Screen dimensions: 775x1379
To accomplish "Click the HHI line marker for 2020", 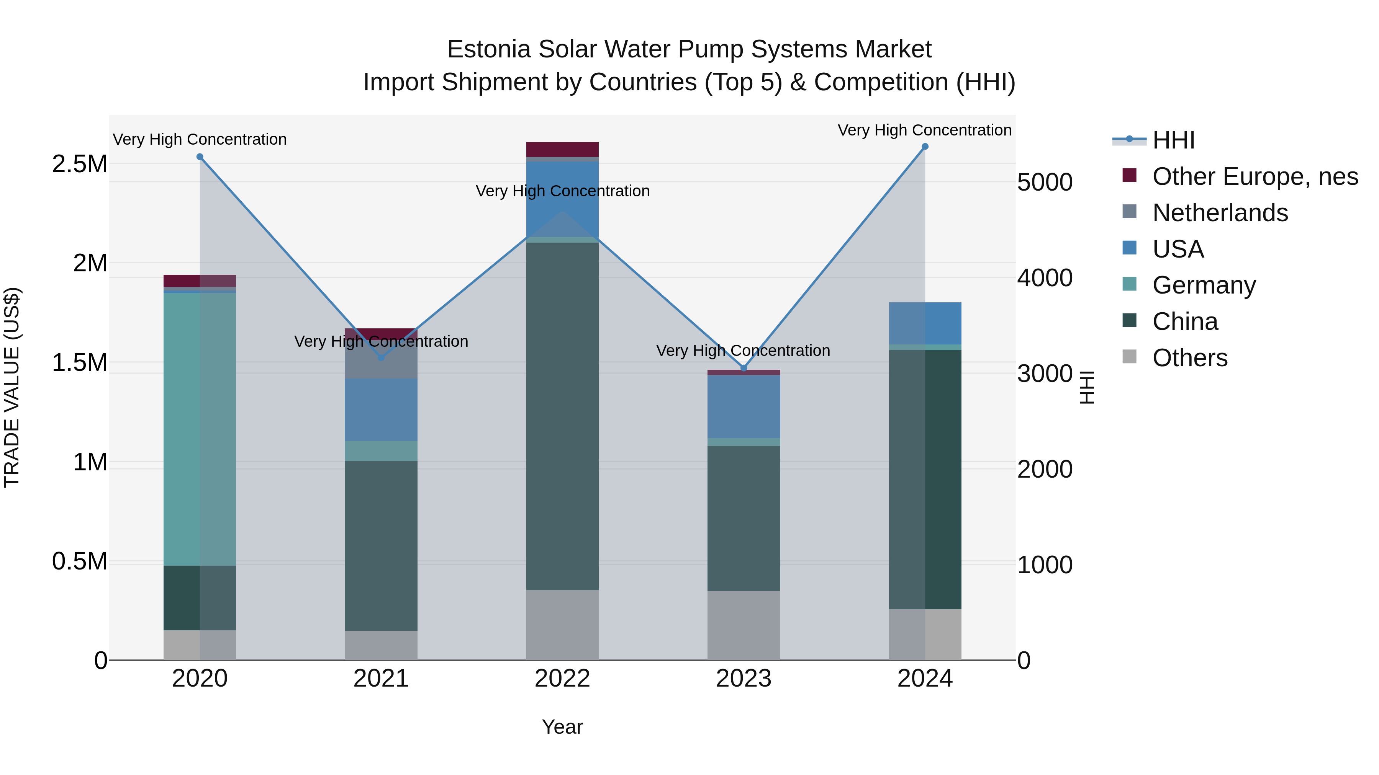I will tap(200, 157).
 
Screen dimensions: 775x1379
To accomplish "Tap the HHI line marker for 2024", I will tap(925, 147).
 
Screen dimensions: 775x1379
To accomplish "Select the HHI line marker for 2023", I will tap(744, 368).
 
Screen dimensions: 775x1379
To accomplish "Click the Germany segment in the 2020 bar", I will tap(200, 428).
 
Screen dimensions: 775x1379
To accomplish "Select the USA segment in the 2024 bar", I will tap(925, 323).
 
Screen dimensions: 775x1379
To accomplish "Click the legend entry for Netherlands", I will tap(1220, 213).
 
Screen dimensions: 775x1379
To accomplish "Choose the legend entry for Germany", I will tap(1204, 285).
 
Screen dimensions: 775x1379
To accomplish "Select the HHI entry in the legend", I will tap(1173, 140).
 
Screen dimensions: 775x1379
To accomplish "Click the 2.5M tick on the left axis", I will tap(79, 164).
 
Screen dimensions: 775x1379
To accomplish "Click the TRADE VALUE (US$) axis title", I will tap(12, 387).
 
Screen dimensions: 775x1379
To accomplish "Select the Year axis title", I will tap(562, 727).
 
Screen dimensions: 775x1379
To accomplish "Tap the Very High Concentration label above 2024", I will tap(925, 130).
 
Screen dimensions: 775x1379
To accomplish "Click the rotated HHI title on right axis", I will tap(1087, 387).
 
